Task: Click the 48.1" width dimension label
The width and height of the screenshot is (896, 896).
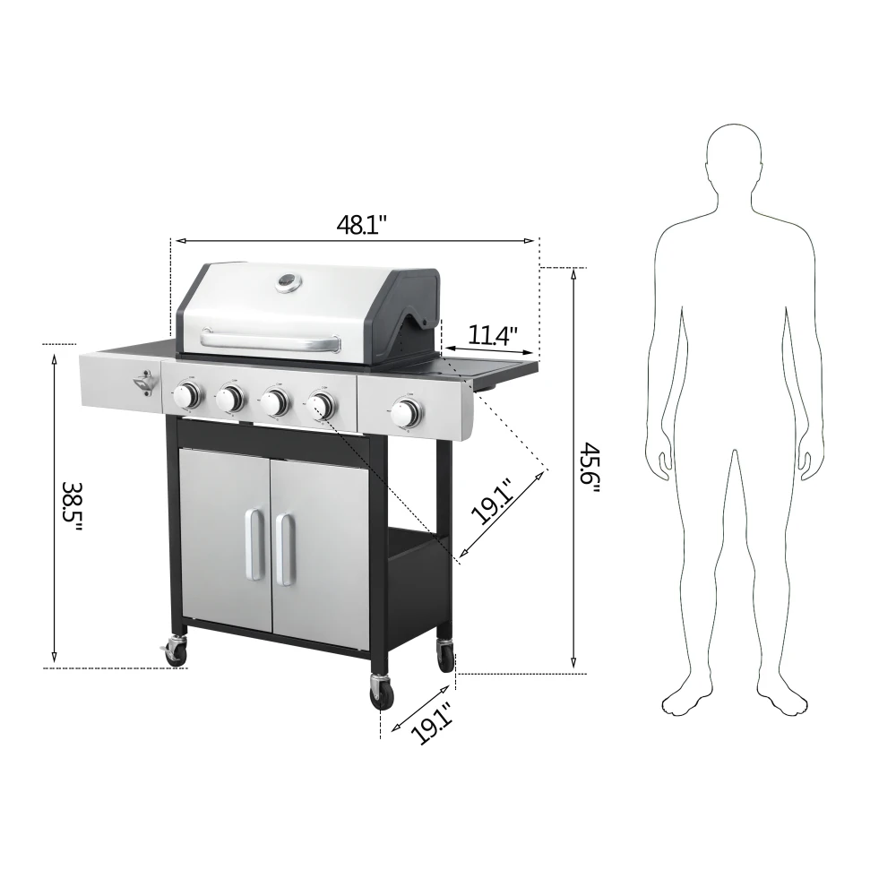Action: coord(361,224)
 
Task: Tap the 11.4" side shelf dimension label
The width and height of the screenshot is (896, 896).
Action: coord(494,336)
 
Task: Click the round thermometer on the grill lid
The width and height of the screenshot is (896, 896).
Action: coord(288,282)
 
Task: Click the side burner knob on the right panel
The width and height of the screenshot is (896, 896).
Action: coord(407,413)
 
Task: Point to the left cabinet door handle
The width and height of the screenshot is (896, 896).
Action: coord(254,545)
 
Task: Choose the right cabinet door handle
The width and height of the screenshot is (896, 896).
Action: coord(284,548)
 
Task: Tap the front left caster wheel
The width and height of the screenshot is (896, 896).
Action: coord(177,650)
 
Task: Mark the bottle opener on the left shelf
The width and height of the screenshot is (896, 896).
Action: coord(143,383)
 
